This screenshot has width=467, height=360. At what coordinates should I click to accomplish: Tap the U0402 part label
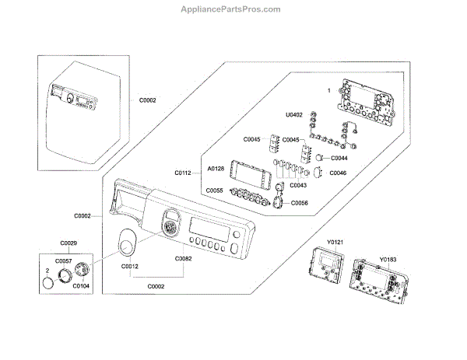(293, 114)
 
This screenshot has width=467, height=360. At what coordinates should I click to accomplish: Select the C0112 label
(183, 173)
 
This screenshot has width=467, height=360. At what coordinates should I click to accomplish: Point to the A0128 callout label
(216, 169)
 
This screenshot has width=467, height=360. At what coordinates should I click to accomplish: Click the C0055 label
(214, 190)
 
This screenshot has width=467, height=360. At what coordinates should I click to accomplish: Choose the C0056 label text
(300, 202)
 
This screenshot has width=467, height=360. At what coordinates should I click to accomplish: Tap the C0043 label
(298, 185)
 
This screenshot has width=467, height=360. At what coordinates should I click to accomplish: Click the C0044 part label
(339, 158)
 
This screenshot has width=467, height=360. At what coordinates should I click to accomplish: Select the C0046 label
(338, 173)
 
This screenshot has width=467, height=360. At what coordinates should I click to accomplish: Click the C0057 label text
(63, 260)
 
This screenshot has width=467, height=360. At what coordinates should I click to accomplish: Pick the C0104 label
(81, 285)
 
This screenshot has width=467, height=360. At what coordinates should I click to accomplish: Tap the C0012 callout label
(130, 267)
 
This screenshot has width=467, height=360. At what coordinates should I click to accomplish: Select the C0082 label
(183, 258)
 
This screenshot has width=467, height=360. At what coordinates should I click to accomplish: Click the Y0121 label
(334, 243)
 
